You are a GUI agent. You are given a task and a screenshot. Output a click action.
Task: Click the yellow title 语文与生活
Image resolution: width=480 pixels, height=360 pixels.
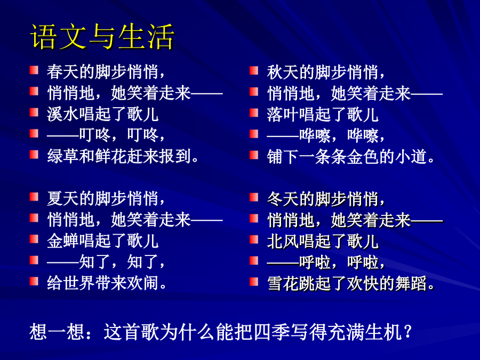102,37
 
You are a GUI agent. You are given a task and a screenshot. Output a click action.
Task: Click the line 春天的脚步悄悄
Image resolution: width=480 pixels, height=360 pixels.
106,72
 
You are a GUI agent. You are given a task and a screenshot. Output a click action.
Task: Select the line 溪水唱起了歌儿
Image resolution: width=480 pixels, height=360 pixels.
102,114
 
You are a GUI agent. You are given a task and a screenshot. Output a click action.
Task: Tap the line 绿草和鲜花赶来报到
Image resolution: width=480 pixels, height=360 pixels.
123,156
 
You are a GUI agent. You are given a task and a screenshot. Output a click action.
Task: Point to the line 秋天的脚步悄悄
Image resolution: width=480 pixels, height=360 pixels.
326,72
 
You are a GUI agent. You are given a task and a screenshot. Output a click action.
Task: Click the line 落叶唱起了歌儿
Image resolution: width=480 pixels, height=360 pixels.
323,114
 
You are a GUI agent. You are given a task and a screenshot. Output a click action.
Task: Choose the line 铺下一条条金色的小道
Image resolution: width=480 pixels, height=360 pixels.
351,156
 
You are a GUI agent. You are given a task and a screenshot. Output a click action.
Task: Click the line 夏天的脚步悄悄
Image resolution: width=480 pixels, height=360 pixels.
106,198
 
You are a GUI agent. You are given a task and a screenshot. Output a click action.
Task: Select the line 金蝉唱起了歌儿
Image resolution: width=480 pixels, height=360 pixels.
102,241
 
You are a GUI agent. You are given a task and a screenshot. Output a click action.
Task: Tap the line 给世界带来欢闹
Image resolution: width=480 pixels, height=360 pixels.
107,283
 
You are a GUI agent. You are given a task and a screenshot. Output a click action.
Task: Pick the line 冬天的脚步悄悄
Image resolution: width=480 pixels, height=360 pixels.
326,199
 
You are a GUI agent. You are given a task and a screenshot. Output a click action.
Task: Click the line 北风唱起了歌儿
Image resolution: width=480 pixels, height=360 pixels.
323,241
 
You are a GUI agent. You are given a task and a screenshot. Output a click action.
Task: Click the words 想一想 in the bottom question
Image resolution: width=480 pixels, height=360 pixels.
57,332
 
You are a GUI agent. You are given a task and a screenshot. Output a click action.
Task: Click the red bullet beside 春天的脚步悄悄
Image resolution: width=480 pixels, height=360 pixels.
34,70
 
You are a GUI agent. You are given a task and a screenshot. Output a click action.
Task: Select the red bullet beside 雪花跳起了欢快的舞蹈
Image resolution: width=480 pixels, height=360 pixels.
254,281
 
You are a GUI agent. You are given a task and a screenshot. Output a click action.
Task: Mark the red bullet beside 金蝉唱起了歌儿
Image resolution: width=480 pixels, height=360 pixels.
34,239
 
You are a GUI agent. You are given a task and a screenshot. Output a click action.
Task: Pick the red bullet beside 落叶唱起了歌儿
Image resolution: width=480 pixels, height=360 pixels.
254,113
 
